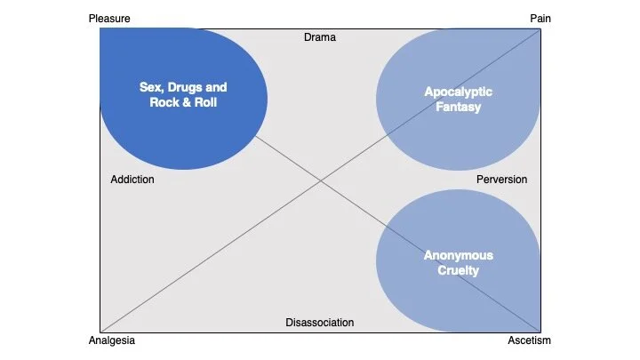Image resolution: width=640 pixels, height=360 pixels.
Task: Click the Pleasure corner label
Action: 109,18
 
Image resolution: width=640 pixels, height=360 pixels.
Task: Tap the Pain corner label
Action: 540,18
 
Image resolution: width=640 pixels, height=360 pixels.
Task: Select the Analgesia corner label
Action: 113,340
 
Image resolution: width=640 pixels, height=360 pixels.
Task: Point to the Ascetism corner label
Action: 530,340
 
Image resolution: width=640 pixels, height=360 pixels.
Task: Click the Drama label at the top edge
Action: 320,37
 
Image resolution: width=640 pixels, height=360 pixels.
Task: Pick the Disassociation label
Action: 320,323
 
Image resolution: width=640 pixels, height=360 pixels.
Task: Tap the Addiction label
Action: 132,180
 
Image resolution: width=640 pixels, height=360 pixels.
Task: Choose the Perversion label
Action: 501,180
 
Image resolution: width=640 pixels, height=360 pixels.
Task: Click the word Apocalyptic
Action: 458,92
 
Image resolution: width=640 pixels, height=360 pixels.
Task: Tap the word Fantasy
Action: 458,108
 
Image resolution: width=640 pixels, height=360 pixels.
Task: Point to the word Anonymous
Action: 458,256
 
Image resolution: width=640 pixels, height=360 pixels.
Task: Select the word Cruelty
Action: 458,270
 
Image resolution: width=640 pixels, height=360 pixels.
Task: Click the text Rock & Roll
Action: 183,102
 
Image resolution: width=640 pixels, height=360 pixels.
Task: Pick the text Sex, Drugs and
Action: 183,87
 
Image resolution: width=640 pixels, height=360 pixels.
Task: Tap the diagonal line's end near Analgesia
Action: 101,332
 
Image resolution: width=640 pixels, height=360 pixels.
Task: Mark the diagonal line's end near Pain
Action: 539,28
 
